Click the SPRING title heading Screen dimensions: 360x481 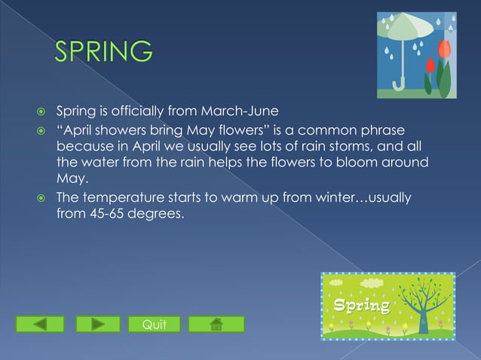click(x=103, y=52)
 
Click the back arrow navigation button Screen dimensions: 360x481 click(x=40, y=325)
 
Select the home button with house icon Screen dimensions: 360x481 click(x=216, y=325)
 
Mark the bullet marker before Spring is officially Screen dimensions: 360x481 click(x=42, y=114)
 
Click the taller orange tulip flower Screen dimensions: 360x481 click(x=443, y=51)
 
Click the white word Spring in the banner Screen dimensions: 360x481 click(x=362, y=306)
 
